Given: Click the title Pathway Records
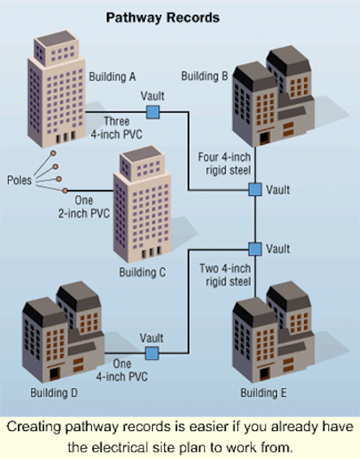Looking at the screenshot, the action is (163, 18).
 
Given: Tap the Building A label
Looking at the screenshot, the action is (113, 77).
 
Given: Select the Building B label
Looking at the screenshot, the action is (204, 76).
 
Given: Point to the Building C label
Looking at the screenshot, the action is (142, 273).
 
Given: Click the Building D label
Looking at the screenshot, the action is (55, 392).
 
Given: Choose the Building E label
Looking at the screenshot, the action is (263, 393).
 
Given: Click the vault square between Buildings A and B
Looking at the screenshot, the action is (153, 112).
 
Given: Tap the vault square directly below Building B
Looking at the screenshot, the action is (255, 189).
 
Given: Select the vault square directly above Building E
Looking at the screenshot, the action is (255, 249).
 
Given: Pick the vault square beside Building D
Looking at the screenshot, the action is (152, 354).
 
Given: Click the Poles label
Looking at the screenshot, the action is (19, 180).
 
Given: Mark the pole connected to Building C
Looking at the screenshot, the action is (65, 191).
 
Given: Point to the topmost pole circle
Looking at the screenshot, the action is (53, 153).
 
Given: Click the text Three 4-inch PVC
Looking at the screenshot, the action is (116, 128).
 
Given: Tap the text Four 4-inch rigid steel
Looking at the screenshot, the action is (224, 164).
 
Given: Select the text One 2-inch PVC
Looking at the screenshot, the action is (84, 207).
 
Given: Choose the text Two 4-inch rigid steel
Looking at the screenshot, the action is (225, 275).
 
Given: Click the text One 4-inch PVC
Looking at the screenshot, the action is (122, 370).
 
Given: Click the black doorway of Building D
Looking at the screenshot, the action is (55, 374).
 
